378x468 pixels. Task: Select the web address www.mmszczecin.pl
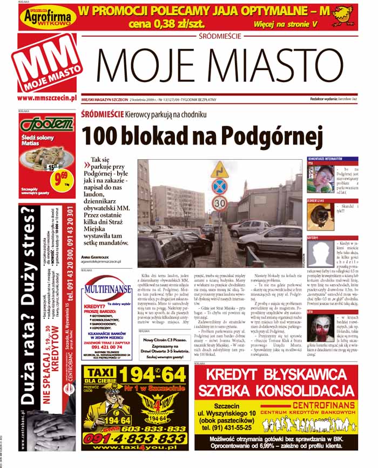(46, 98)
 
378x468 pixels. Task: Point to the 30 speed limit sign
(219, 204)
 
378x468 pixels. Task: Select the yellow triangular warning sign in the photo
(219, 169)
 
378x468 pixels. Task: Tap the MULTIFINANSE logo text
(108, 289)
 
